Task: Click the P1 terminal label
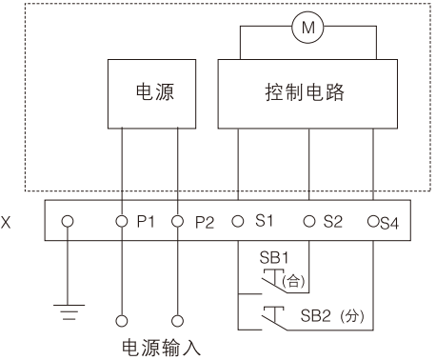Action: point(146,221)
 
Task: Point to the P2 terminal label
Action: point(205,222)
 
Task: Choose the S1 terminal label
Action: point(264,220)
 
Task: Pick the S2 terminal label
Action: point(333,221)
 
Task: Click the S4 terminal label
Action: point(389,223)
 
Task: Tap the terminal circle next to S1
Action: point(238,221)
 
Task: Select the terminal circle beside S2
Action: point(309,221)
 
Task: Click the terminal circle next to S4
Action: point(373,221)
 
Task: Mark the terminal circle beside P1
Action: point(122,221)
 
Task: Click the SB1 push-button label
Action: point(274,257)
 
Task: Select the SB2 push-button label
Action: point(316,315)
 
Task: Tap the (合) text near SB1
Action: point(293,281)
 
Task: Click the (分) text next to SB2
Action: point(352,316)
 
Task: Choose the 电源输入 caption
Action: point(162,348)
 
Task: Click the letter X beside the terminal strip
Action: point(6,222)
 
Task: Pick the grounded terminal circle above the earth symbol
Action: point(68,221)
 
